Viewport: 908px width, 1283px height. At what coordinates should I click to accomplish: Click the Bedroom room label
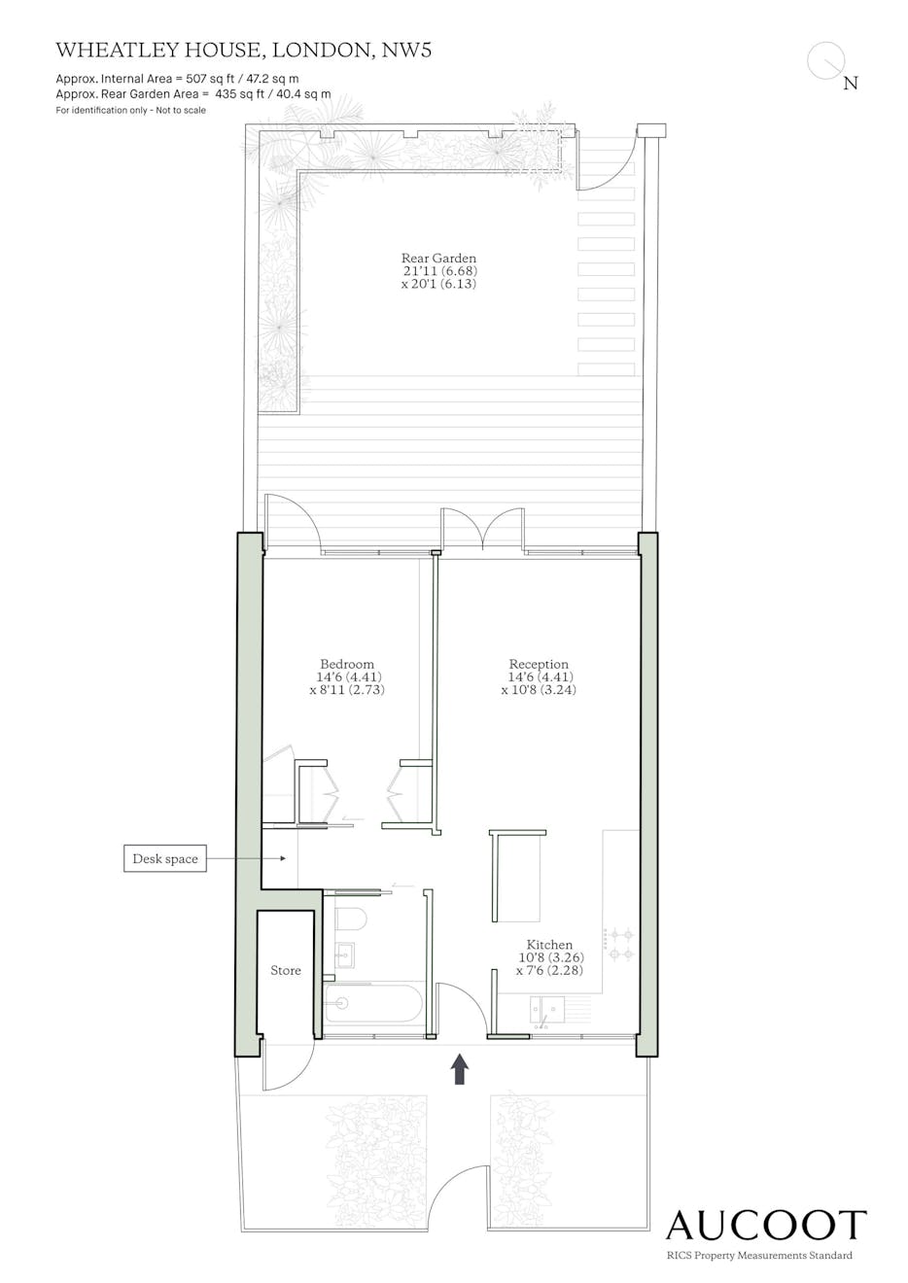(347, 664)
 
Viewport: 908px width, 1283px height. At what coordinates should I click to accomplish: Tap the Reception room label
(539, 664)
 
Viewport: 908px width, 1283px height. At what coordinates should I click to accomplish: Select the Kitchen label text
(549, 945)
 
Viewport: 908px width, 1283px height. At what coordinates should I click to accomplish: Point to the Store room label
(285, 970)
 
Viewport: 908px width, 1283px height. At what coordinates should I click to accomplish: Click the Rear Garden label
(438, 258)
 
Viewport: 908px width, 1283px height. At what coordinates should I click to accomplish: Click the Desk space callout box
(165, 858)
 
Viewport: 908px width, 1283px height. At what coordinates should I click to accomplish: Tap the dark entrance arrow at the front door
(460, 1069)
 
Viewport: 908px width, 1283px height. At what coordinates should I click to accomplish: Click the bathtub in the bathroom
(373, 1003)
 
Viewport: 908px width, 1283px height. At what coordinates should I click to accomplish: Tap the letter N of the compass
(851, 84)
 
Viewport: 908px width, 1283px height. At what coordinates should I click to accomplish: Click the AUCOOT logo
(766, 1226)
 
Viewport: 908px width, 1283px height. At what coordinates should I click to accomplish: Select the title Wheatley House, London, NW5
(243, 51)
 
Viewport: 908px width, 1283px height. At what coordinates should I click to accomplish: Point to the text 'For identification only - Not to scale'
(130, 110)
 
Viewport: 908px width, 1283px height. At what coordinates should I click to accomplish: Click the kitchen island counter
(517, 876)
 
